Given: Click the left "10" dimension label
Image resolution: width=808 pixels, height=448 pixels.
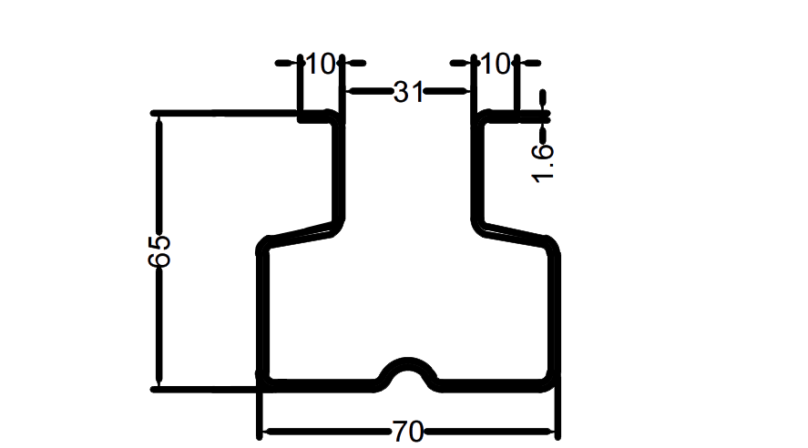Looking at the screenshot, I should click(321, 65).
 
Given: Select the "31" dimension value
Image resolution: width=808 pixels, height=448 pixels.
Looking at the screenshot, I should click(407, 92).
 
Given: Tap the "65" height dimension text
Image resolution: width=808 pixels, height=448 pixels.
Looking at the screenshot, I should click(159, 250).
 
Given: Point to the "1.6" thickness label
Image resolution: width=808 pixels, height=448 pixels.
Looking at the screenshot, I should click(543, 163).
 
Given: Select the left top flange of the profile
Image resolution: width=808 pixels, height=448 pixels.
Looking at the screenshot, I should click(319, 115).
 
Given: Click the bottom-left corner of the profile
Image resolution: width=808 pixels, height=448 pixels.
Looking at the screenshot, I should click(263, 383).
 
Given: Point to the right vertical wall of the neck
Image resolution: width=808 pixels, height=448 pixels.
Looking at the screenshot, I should click(474, 168).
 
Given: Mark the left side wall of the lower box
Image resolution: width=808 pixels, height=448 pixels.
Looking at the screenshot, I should click(262, 310).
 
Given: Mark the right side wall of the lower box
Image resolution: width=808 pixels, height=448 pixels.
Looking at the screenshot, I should click(556, 310).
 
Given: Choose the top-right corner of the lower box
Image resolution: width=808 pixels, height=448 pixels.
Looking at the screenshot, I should click(552, 243).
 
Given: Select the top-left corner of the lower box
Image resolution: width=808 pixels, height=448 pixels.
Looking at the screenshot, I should click(265, 244).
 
